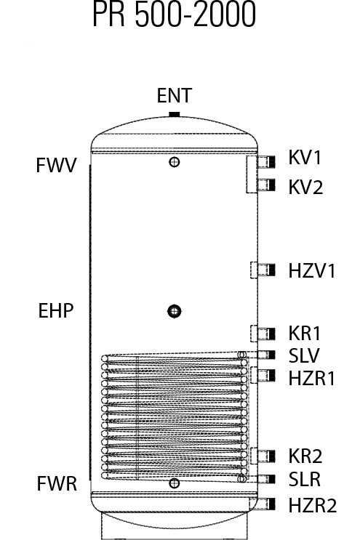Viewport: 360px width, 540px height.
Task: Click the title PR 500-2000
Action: [x=174, y=14]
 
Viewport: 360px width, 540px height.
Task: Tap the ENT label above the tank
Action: [x=174, y=95]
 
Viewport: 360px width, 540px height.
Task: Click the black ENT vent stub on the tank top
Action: [x=175, y=114]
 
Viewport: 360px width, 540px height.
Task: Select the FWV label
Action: [x=56, y=165]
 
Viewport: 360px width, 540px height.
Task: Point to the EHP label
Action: [x=56, y=310]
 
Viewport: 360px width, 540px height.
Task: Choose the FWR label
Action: [x=57, y=483]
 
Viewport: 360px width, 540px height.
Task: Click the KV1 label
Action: [x=305, y=158]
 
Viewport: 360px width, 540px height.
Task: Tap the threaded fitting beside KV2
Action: [x=266, y=185]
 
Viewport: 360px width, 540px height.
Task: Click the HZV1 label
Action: [x=312, y=270]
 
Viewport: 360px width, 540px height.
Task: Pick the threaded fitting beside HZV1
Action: [x=266, y=270]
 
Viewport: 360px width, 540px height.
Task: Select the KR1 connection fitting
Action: [x=266, y=334]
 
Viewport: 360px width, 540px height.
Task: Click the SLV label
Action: [x=304, y=355]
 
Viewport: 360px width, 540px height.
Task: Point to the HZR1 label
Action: [x=312, y=378]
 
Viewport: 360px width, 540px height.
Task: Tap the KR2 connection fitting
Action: [x=266, y=456]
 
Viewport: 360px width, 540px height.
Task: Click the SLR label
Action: [x=305, y=479]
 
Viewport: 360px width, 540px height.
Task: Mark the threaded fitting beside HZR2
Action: [x=266, y=504]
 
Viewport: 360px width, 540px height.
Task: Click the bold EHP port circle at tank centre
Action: [x=175, y=311]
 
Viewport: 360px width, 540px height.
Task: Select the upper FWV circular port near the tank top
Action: [x=175, y=161]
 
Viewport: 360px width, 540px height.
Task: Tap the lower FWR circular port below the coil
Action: [x=175, y=483]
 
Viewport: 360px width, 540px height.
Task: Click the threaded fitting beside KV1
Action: [x=266, y=161]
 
